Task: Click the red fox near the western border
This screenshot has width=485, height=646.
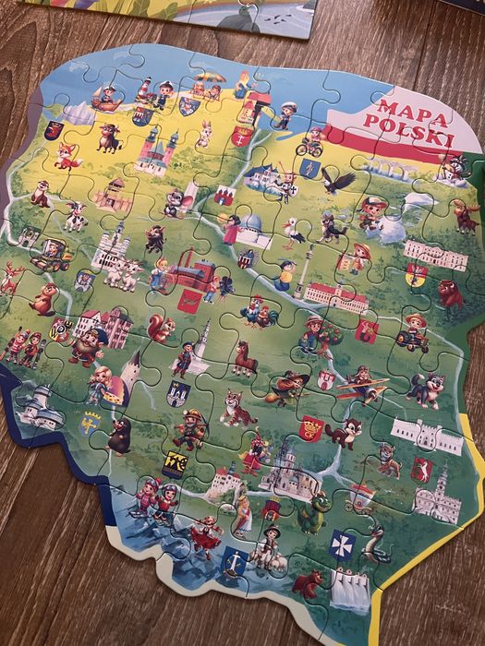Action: [67, 155]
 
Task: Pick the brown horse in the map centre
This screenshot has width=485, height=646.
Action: [244, 356]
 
